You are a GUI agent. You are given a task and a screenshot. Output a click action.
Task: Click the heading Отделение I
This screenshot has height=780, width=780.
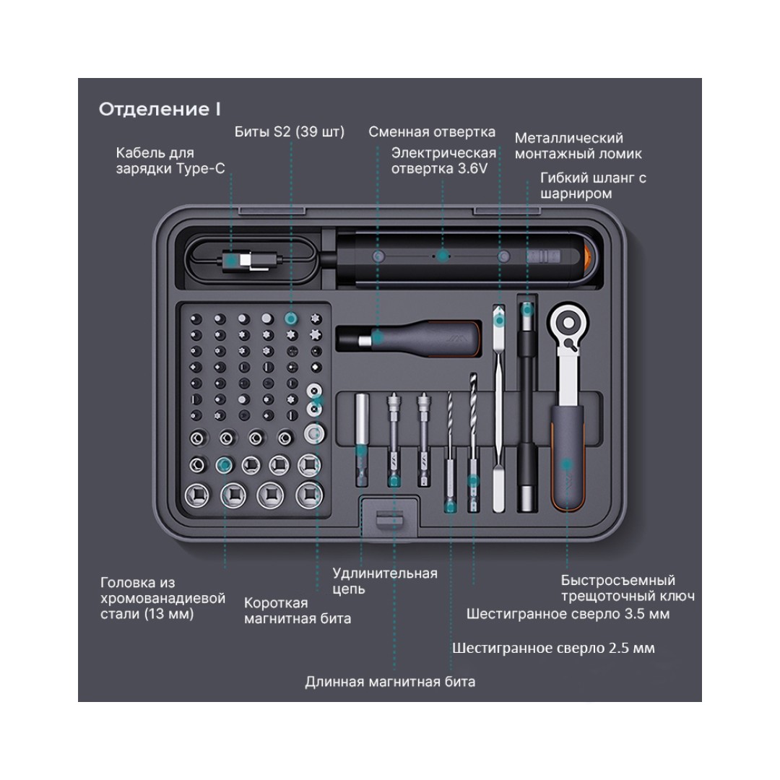coord(160,109)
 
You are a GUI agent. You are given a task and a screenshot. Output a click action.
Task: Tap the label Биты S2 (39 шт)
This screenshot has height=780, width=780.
coord(290,131)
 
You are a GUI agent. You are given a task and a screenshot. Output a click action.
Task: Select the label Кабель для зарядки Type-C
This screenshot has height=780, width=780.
coord(170,161)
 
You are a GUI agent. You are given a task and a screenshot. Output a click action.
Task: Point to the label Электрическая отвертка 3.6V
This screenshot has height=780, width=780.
coord(443,160)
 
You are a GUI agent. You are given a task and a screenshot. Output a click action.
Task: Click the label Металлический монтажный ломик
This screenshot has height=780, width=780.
coord(578,146)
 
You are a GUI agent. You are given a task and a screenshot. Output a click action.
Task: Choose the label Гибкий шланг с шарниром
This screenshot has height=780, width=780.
coord(593,186)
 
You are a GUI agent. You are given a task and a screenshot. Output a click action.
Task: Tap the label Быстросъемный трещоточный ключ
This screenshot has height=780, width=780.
coord(628,588)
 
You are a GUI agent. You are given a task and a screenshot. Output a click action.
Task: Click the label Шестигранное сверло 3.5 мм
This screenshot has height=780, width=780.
coord(568,614)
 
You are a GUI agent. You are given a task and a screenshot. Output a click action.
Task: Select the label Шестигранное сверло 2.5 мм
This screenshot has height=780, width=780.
coord(553,648)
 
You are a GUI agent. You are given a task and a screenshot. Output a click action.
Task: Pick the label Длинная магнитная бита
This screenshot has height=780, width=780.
coord(390,681)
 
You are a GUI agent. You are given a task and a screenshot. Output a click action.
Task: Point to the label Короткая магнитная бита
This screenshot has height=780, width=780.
coord(298,610)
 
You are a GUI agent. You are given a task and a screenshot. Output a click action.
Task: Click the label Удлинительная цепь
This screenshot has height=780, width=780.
coord(384,581)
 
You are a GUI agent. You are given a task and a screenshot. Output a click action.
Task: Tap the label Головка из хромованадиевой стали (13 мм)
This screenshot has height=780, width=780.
coord(162,598)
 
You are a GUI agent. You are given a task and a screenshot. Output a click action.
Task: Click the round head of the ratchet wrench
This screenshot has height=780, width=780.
coord(568,320)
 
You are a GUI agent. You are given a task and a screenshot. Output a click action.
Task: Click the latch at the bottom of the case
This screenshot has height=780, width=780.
coord(389,519)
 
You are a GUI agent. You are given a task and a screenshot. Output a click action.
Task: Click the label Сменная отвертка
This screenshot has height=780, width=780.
coord(432,131)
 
